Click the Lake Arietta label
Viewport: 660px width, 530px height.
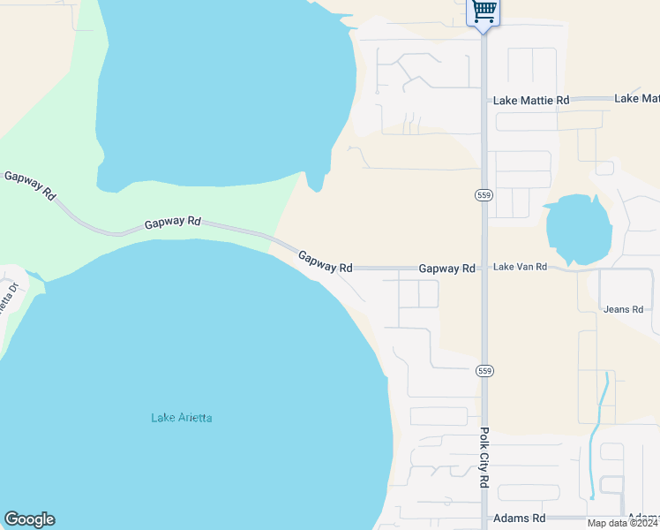pyautogui.click(x=182, y=418)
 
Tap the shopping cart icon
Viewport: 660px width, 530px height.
pyautogui.click(x=483, y=11)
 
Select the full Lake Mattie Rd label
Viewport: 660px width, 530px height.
pyautogui.click(x=531, y=101)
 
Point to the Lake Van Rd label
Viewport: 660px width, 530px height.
pyautogui.click(x=520, y=266)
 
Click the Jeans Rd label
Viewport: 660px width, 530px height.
pyautogui.click(x=623, y=309)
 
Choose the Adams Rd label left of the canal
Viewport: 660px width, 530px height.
pyautogui.click(x=520, y=518)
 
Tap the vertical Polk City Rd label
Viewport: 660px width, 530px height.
pyautogui.click(x=484, y=458)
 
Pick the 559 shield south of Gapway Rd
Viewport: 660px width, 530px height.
pyautogui.click(x=484, y=369)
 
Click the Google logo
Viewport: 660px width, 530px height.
pyautogui.click(x=29, y=519)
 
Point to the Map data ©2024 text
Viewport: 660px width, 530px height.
pyautogui.click(x=623, y=523)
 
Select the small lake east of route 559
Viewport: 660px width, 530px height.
pyautogui.click(x=578, y=228)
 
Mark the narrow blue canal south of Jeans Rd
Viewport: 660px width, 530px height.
pyautogui.click(x=600, y=415)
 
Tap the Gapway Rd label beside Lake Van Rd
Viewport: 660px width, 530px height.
pyautogui.click(x=446, y=268)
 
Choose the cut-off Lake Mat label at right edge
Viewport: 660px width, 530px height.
pyautogui.click(x=637, y=98)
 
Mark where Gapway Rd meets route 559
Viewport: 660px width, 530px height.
pyautogui.click(x=484, y=268)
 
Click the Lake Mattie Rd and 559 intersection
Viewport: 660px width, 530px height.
pyautogui.click(x=484, y=100)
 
